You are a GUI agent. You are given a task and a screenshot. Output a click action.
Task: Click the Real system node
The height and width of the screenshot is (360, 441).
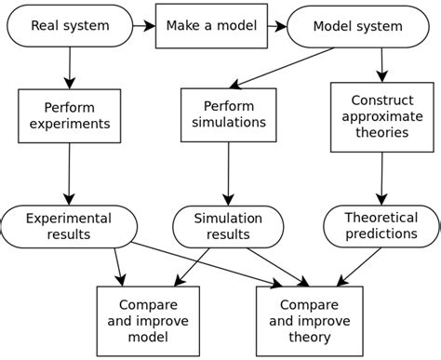coord(70,27)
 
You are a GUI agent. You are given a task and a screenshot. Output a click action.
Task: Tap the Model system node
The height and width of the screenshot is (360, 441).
coord(358,27)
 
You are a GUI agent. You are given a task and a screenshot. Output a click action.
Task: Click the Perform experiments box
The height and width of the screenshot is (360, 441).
coord(70,115)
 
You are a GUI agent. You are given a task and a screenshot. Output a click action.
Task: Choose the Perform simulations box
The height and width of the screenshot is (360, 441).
coord(229,115)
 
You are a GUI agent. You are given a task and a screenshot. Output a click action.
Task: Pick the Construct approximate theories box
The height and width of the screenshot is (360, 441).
coord(381,116)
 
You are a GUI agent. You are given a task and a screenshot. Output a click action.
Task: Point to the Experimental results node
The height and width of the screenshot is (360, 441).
coord(70,226)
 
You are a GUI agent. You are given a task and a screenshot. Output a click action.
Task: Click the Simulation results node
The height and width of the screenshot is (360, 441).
coord(229,226)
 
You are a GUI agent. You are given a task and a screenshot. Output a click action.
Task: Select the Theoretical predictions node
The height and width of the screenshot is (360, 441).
coord(381,226)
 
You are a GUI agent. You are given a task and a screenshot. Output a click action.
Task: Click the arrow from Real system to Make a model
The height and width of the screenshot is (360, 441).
coord(142,27)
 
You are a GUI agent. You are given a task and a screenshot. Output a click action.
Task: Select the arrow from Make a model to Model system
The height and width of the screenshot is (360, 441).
coord(269,27)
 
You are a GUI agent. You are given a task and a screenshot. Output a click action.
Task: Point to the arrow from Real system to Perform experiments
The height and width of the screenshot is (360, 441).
coord(70,68)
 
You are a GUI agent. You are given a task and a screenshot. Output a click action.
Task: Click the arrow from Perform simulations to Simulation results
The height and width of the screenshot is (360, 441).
coord(229,173)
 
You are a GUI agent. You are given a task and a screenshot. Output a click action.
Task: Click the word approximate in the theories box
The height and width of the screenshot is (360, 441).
coord(381,116)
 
